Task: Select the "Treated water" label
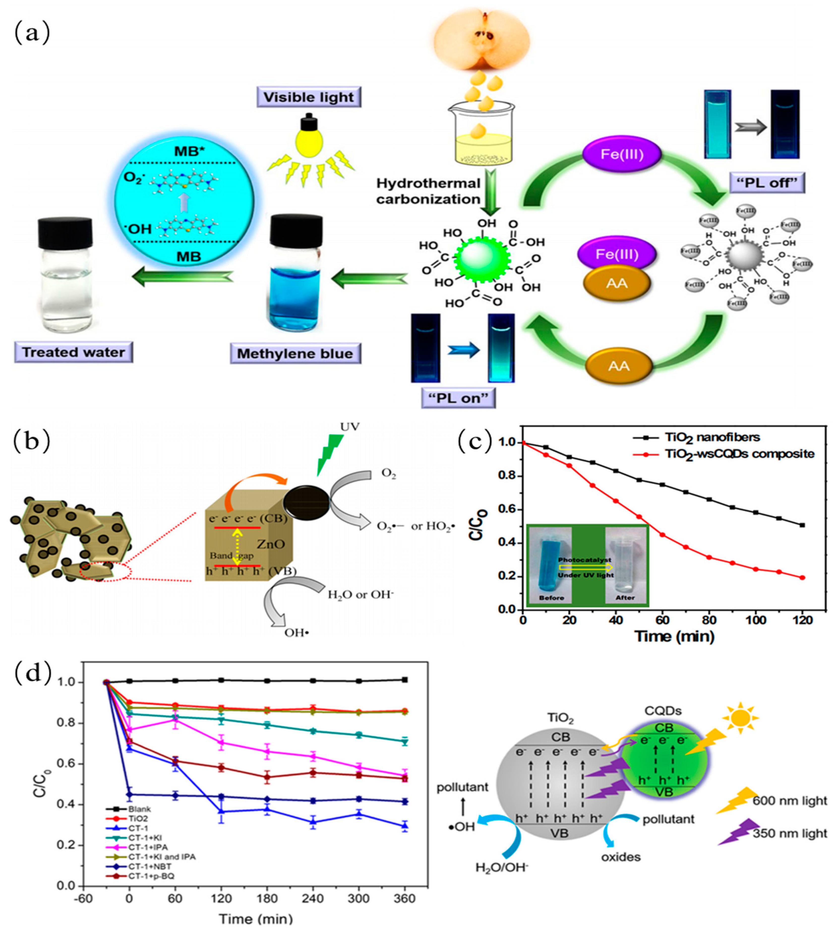(74, 352)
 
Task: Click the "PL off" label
(767, 183)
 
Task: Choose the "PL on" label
(459, 398)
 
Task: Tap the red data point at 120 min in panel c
(802, 578)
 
